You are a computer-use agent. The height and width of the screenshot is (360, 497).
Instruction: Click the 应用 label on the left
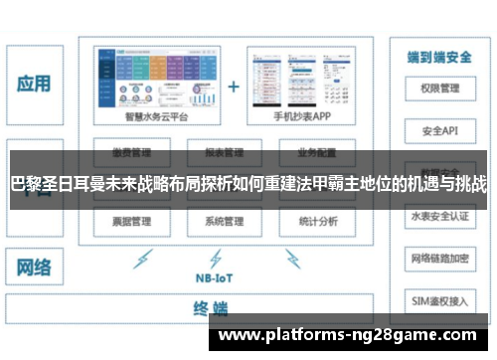(33, 84)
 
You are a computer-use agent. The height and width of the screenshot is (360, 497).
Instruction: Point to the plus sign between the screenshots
(234, 86)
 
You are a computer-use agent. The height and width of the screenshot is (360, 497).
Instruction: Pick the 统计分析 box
(316, 220)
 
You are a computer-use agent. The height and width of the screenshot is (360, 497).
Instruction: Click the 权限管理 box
(438, 89)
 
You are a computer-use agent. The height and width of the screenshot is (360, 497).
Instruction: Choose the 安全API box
(438, 130)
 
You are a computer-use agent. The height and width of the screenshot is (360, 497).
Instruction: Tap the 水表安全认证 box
(438, 215)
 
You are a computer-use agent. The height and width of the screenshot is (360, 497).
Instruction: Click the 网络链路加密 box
(438, 257)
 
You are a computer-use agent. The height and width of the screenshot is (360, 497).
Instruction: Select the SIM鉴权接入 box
(438, 298)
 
